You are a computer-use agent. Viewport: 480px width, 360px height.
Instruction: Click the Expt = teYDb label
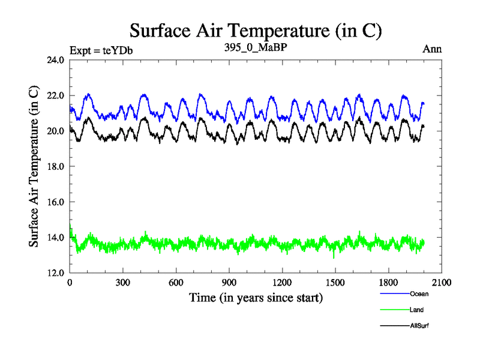pos(101,50)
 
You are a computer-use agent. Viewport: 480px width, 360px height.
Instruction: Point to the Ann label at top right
pos(431,49)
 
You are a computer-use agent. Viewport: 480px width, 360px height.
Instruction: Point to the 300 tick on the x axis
pos(123,283)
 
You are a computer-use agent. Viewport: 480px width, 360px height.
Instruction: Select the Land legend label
pos(417,310)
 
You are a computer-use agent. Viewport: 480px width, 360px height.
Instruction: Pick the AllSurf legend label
pos(419,326)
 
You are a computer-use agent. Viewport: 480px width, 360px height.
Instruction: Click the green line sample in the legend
pos(394,310)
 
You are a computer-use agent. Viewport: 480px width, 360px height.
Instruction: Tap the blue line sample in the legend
pos(394,294)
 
